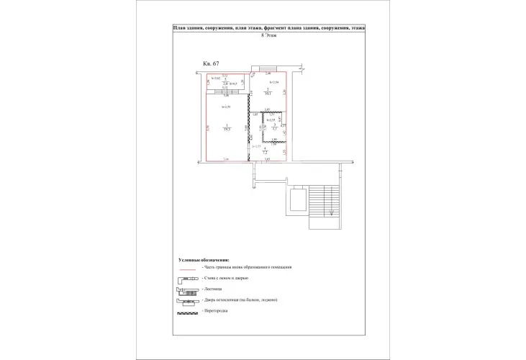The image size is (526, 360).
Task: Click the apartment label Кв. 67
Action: (212, 64)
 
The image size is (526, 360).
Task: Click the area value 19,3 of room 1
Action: (227, 129)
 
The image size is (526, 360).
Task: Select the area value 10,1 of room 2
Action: (267, 94)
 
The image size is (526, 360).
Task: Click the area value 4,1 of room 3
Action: (273, 128)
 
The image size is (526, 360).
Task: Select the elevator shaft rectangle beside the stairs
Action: (296, 201)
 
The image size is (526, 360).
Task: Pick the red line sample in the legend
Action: (187, 267)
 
